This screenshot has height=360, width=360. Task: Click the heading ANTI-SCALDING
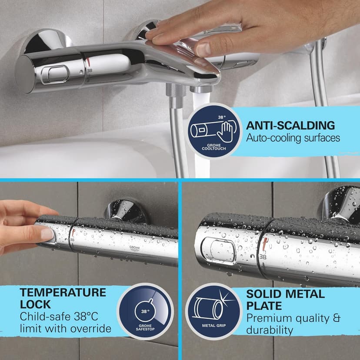click(x=290, y=126)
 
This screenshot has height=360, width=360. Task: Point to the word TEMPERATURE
click(x=63, y=292)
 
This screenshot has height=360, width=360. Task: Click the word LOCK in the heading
click(x=36, y=304)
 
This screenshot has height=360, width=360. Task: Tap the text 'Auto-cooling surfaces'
click(x=293, y=138)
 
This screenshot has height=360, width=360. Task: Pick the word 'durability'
click(x=269, y=330)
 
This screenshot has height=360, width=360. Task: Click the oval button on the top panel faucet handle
click(x=58, y=73)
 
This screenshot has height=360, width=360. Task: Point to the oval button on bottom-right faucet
click(x=223, y=251)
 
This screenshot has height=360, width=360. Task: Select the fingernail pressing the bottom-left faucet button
click(x=47, y=234)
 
